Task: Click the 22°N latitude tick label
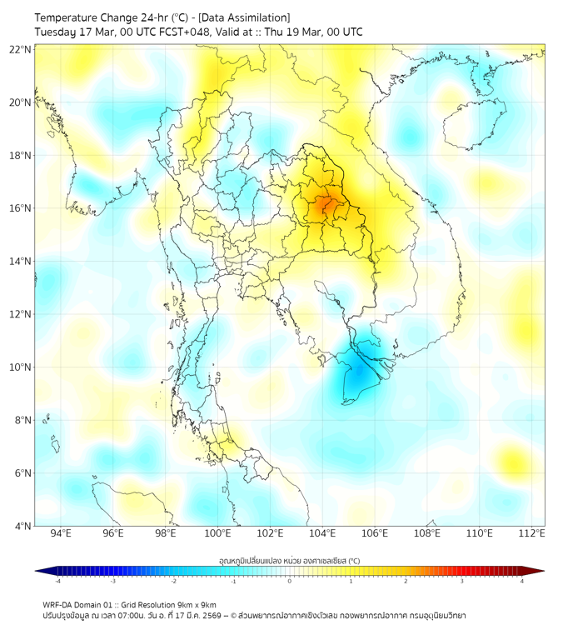(x=21, y=49)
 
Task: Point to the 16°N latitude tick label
(x=21, y=208)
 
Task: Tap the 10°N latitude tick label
(x=21, y=367)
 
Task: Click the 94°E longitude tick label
(x=61, y=533)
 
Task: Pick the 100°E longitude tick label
(x=217, y=533)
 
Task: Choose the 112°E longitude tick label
(x=531, y=533)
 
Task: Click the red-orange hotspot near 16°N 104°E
(x=325, y=203)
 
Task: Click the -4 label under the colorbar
(x=57, y=581)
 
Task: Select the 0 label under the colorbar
(x=290, y=581)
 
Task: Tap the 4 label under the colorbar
(x=522, y=581)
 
